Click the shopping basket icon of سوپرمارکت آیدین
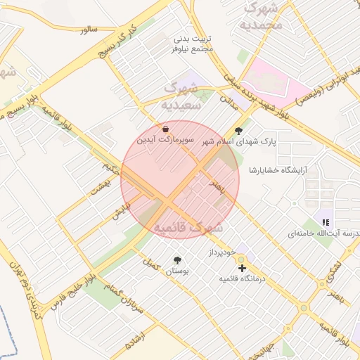point(165,129)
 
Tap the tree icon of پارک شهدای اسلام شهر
point(238,130)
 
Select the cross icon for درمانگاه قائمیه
point(243,268)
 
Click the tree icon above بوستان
point(176,260)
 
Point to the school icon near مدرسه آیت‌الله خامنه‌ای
point(326,222)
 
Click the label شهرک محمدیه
point(261,15)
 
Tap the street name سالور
point(88,30)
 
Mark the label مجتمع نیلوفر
point(192,50)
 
